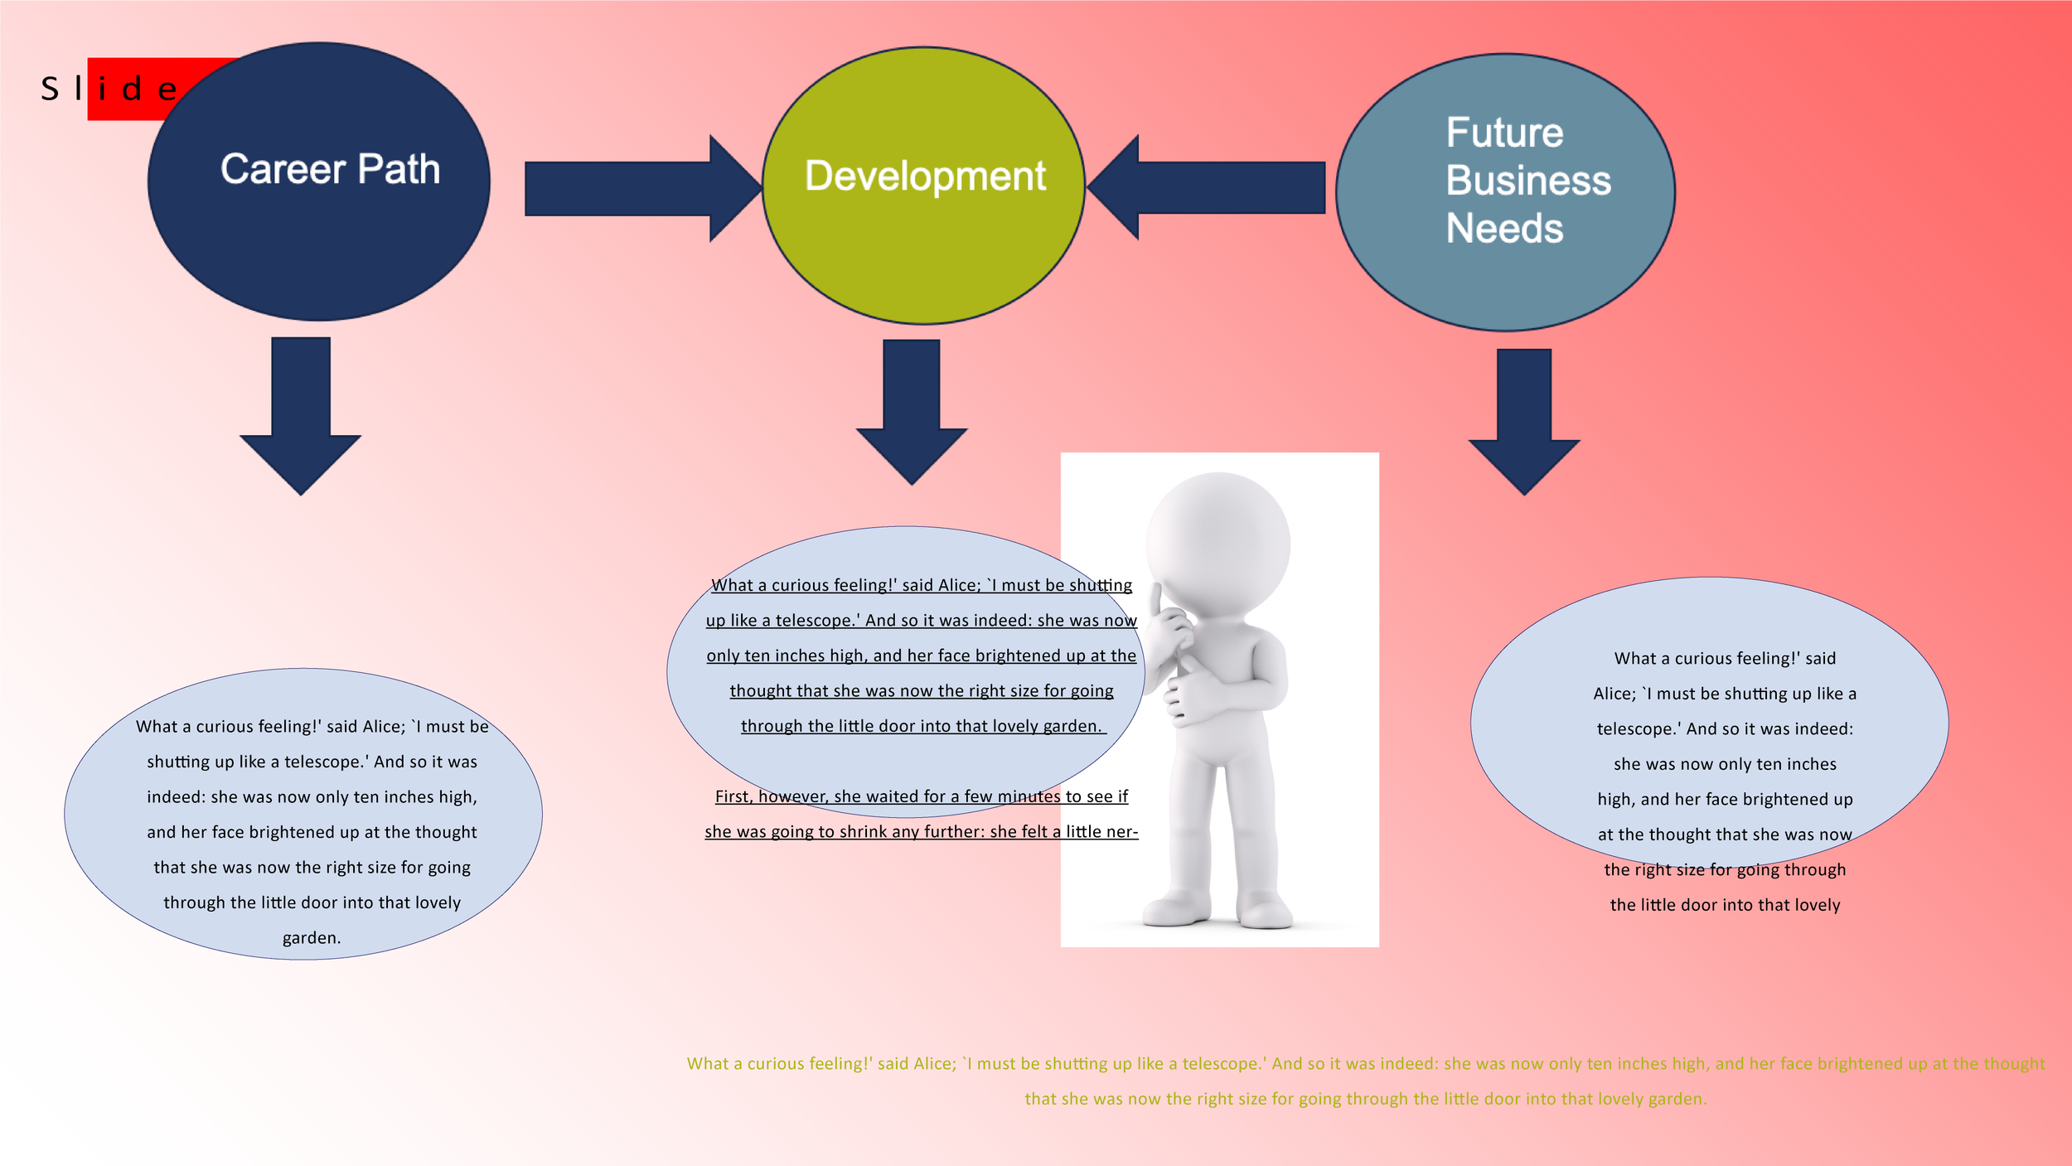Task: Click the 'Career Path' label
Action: pyautogui.click(x=330, y=170)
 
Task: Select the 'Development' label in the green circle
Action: pyautogui.click(x=925, y=177)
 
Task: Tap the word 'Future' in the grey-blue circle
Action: pyautogui.click(x=1504, y=133)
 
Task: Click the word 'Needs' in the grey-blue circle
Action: pyautogui.click(x=1504, y=228)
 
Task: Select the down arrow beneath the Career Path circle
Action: pyautogui.click(x=300, y=414)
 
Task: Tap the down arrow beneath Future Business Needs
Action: pyautogui.click(x=1524, y=421)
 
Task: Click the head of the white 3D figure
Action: pyautogui.click(x=1218, y=543)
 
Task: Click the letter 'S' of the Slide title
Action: pyautogui.click(x=50, y=90)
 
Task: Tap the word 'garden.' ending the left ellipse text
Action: pyautogui.click(x=312, y=938)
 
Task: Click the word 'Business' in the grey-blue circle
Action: pyautogui.click(x=1528, y=181)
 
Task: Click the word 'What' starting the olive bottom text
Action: pyautogui.click(x=707, y=1064)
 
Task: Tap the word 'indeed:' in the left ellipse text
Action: pyautogui.click(x=176, y=797)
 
